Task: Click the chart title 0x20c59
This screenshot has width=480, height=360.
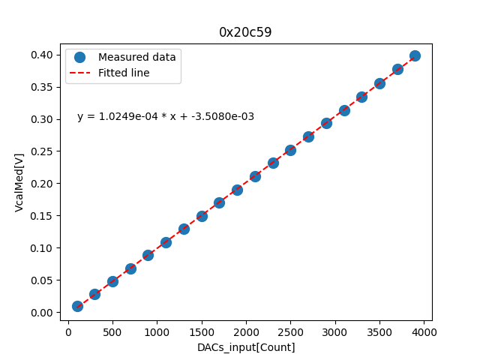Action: coord(245,32)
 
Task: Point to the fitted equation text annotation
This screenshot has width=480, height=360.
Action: coord(166,116)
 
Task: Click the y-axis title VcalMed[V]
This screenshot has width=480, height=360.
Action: coord(19,182)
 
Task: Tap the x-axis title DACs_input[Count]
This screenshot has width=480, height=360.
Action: coord(246,347)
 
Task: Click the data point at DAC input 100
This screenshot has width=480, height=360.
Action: coord(77,306)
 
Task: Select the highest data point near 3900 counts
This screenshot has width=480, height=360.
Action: coord(415,55)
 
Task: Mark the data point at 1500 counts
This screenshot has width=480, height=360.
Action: coord(202,216)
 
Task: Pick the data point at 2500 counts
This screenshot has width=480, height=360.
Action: coord(290,150)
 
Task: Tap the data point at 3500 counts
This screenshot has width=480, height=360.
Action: coord(379,83)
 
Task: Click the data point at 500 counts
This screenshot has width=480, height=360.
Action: coord(112,281)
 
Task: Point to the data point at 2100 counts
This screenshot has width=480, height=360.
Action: coord(255,176)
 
